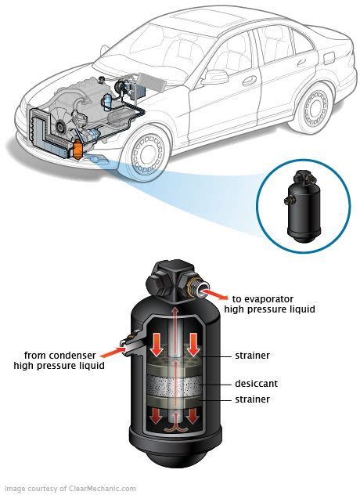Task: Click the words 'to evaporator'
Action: pos(261,298)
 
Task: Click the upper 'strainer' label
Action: pos(252,356)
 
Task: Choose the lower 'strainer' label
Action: pos(252,399)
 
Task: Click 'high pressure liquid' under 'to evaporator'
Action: pos(269,310)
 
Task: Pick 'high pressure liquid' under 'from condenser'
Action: pos(59,365)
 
